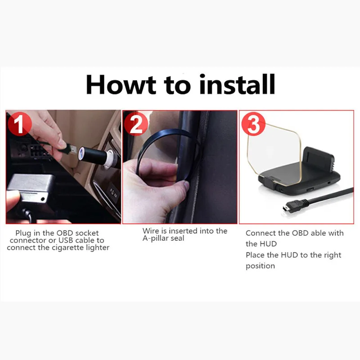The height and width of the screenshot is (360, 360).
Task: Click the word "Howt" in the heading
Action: coord(121,84)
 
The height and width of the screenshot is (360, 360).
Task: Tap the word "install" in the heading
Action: coord(237,84)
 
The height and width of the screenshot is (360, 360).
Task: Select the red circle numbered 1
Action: coord(19,124)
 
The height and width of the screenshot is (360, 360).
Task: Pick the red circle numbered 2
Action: coord(136,124)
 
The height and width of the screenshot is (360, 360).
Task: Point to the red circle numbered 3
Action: coord(253,124)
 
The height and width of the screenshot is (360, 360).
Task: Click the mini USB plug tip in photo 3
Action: coord(285,209)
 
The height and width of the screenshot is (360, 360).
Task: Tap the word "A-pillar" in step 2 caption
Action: coord(156,238)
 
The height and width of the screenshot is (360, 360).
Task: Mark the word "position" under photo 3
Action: coord(260,266)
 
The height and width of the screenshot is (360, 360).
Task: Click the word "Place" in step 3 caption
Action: coord(255,255)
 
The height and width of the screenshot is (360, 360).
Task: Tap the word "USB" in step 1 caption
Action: coord(66,240)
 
